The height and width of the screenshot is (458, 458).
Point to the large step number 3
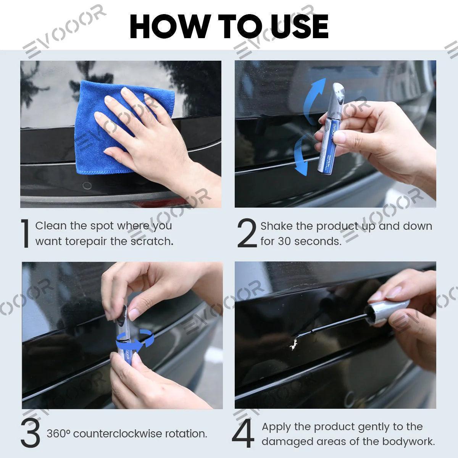(31, 434)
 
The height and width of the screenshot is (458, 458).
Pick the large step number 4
(243, 434)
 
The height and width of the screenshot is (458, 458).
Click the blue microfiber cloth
(103, 126)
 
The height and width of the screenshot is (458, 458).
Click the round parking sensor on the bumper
(87, 186)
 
